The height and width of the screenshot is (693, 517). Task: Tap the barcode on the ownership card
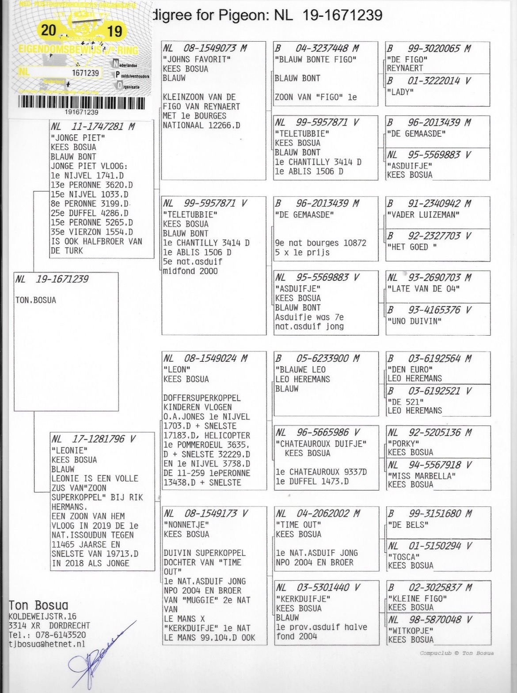pos(81,103)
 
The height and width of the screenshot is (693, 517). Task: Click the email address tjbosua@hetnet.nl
pos(47,644)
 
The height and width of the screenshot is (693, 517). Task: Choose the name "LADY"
pos(400,92)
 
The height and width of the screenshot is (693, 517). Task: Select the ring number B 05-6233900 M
pos(317,359)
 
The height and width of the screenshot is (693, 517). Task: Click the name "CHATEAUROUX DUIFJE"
pos(321,444)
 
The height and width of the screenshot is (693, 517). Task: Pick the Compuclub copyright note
pos(456,653)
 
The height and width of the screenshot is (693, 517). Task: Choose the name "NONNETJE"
pos(186,525)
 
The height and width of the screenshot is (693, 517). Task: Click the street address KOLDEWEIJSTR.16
pos(42,616)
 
